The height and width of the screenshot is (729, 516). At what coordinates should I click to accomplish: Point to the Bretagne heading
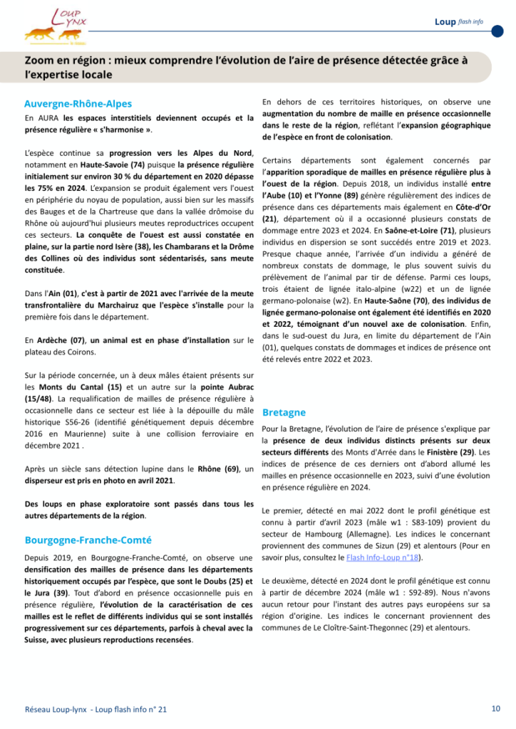284,412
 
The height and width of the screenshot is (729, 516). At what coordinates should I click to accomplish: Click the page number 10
495,708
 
